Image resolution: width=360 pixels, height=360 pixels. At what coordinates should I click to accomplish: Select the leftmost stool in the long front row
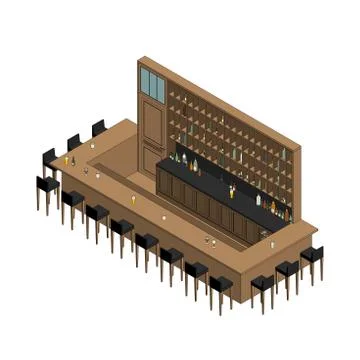pos(47,187)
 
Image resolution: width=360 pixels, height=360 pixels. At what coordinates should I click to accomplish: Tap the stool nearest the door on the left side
pos(98,130)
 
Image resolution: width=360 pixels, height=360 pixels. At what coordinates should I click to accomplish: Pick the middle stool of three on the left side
pos(74,142)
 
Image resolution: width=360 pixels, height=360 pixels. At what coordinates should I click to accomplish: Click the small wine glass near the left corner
pos(86,171)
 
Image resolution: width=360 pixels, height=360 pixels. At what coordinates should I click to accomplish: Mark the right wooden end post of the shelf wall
pos(296,180)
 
